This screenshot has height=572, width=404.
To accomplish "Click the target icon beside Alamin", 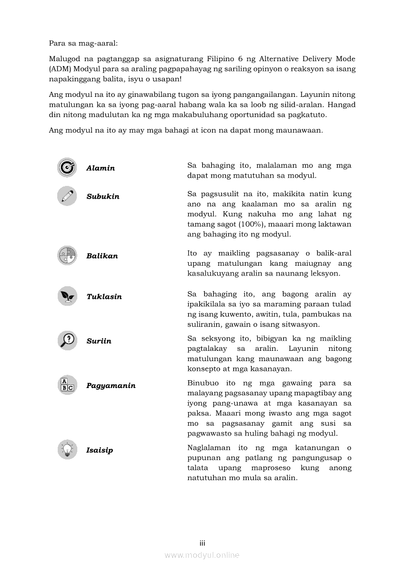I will [x=67, y=168].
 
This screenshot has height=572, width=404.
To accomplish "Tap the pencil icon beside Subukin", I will [x=67, y=196].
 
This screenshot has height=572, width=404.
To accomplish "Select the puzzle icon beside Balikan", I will [x=67, y=255].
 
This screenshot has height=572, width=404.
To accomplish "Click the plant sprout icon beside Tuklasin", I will [x=67, y=296].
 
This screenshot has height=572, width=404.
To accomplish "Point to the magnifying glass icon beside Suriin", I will [x=67, y=341].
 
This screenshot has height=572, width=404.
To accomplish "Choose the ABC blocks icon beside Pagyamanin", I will [x=67, y=385].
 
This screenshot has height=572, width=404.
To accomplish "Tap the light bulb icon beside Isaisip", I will [x=67, y=450].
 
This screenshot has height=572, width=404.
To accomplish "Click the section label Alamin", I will [x=101, y=168].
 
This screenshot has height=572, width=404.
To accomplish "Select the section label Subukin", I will [x=103, y=197].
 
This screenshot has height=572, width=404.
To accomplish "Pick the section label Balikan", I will [x=102, y=256].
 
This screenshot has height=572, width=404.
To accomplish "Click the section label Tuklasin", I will [x=104, y=297].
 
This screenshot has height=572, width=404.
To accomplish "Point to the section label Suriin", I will [x=99, y=342].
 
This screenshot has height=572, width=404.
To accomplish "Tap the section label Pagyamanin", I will [x=111, y=386].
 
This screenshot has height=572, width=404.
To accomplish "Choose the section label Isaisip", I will [x=100, y=451].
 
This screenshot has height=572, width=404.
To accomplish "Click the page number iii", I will [x=202, y=543].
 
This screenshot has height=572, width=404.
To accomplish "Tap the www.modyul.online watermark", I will [x=202, y=555].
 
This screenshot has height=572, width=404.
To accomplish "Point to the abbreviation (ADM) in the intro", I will [x=60, y=69].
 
